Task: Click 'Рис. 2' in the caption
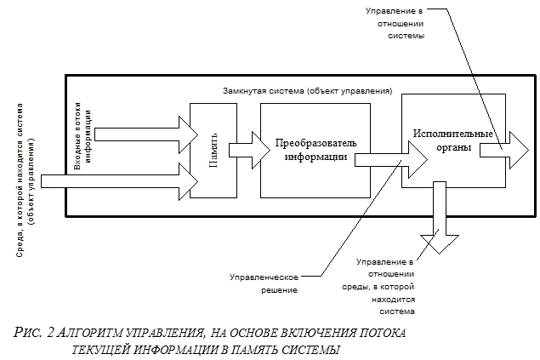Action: (33, 333)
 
